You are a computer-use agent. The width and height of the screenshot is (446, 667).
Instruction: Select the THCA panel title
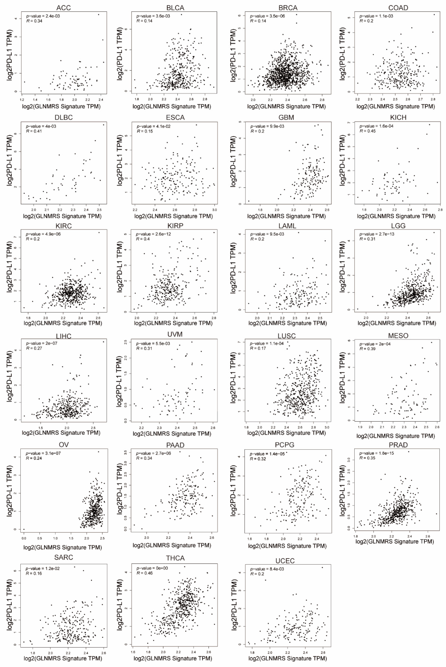175,558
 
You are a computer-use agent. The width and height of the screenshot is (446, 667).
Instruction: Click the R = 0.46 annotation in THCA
145,573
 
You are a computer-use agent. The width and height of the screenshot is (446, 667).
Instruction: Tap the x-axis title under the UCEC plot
287,658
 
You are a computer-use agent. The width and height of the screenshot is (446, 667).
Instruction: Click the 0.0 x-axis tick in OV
24,538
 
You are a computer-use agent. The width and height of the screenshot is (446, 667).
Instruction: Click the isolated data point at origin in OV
24,529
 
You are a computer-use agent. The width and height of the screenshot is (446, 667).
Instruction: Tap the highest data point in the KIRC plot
99,232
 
